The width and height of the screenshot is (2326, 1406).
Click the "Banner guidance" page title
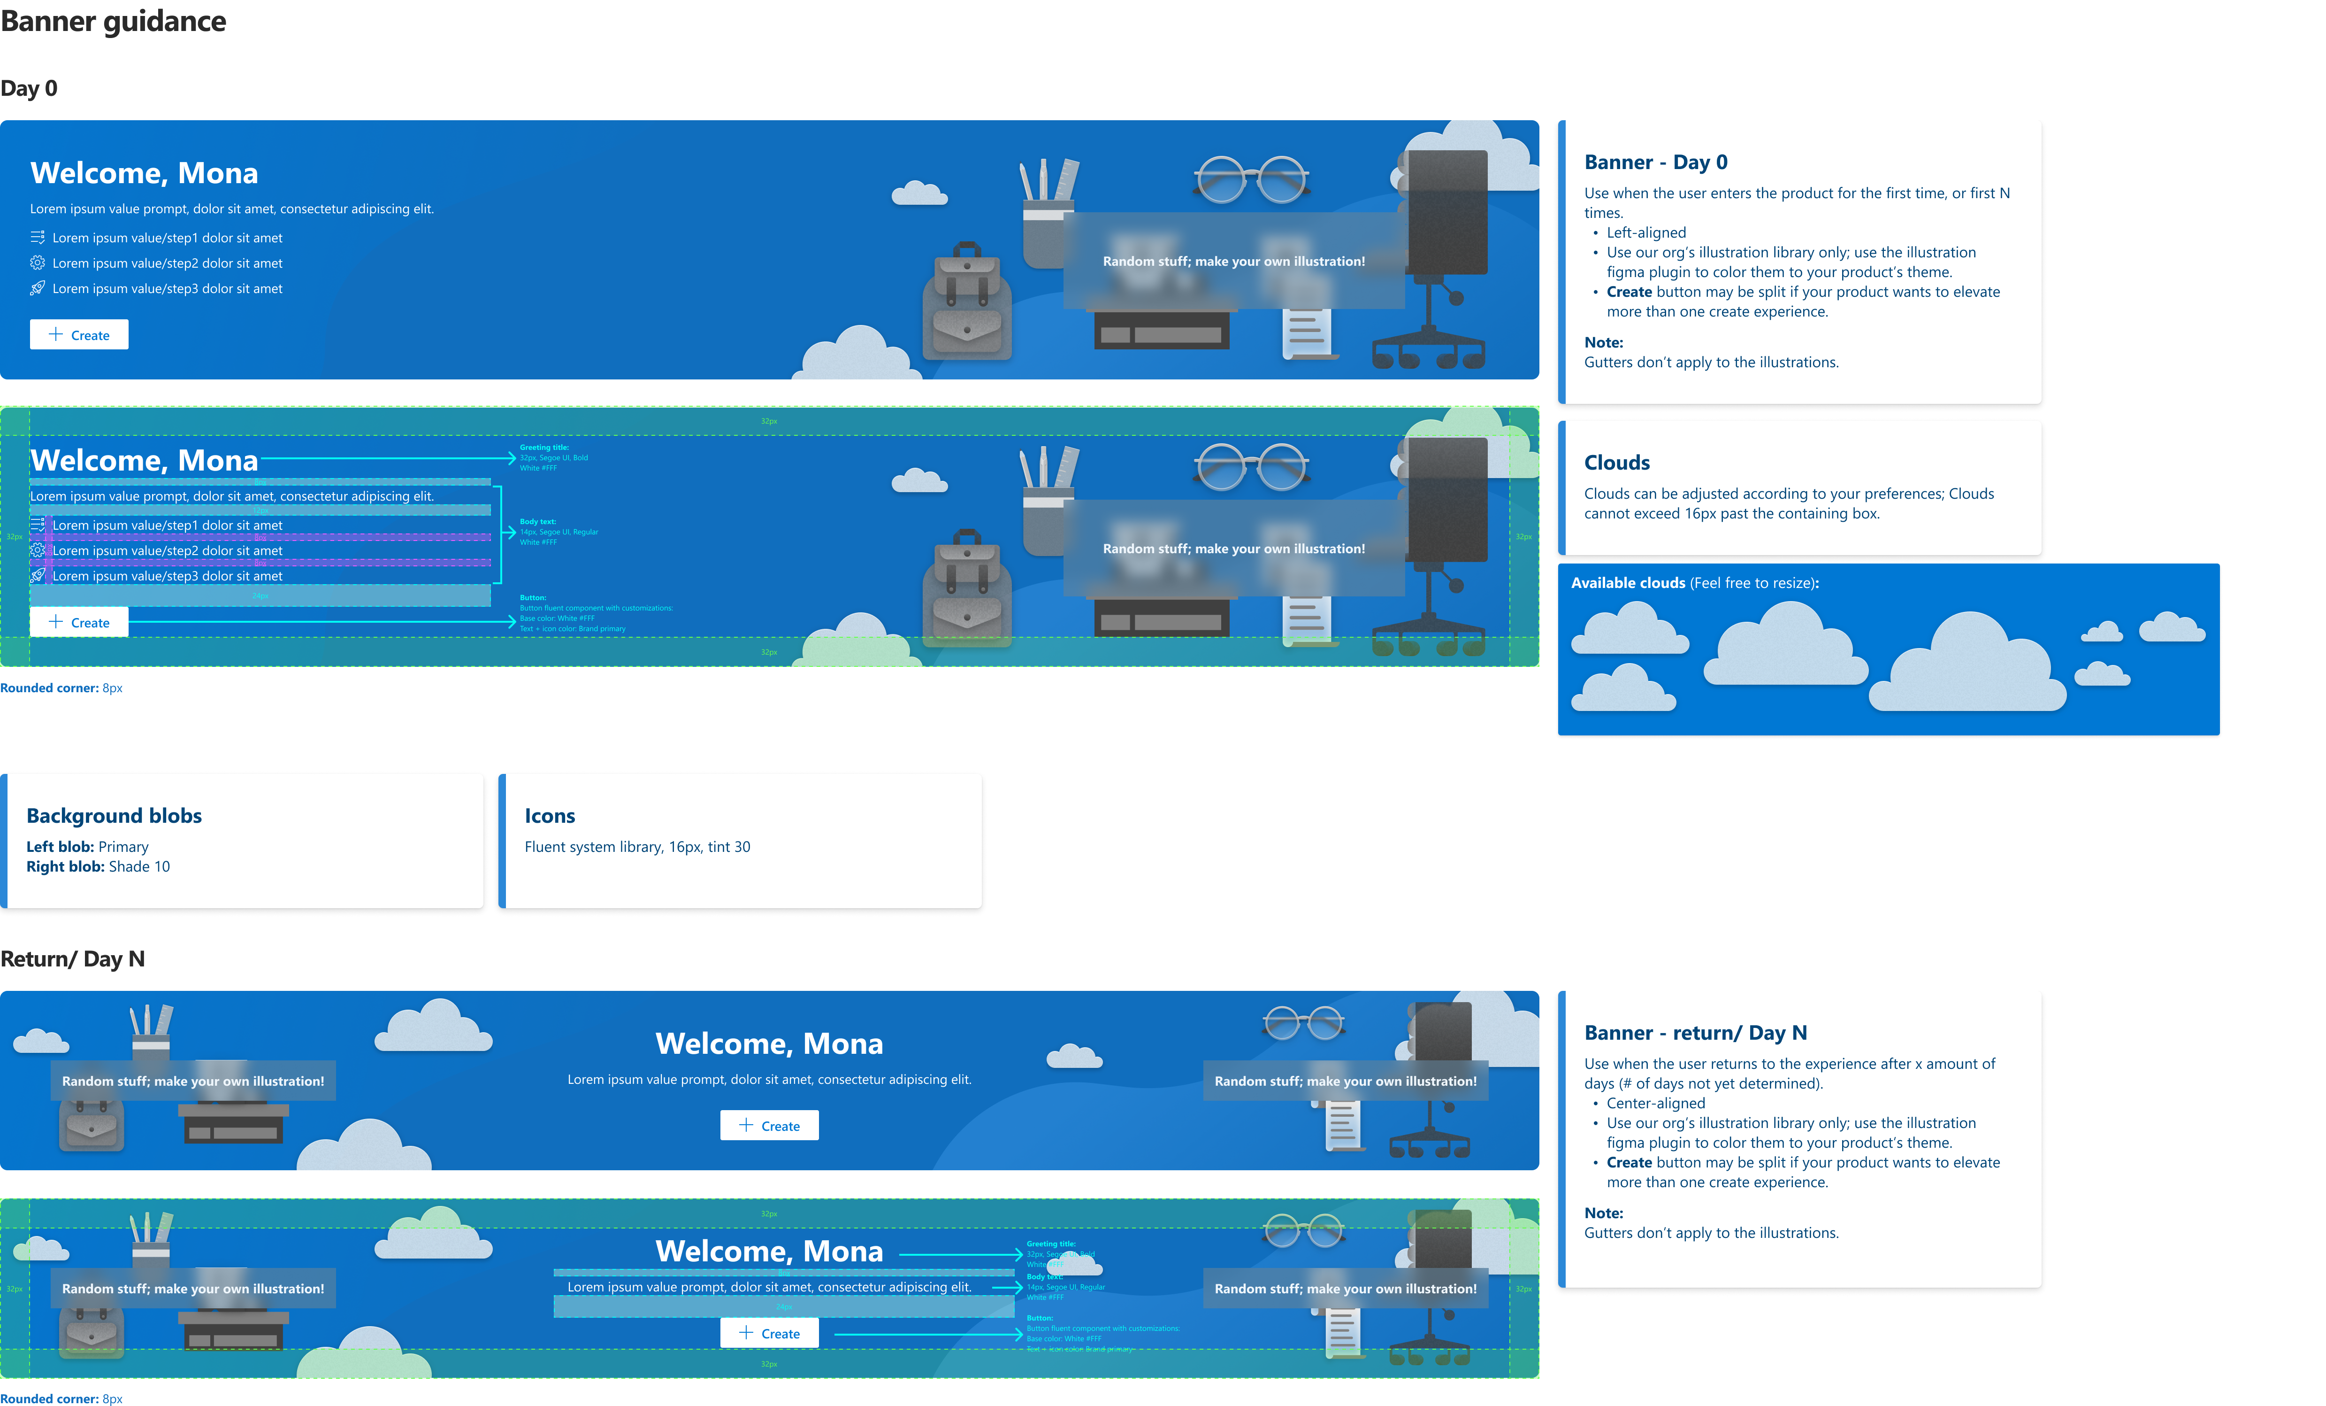pos(113,22)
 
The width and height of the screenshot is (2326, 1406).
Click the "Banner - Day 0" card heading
pos(1656,162)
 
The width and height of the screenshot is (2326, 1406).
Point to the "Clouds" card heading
pos(1616,463)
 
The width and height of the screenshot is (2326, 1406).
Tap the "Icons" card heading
pos(550,816)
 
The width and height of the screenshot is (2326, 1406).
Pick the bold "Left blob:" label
pos(60,847)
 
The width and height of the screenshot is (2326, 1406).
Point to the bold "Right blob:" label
pos(65,867)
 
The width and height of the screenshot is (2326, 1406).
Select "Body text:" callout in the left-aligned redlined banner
pos(538,521)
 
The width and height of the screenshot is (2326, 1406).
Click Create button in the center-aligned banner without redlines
pos(769,1126)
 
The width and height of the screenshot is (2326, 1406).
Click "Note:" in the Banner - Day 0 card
pos(1603,343)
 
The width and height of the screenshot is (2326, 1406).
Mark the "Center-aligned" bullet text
pos(1656,1103)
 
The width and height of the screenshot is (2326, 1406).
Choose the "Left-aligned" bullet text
pos(1645,232)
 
